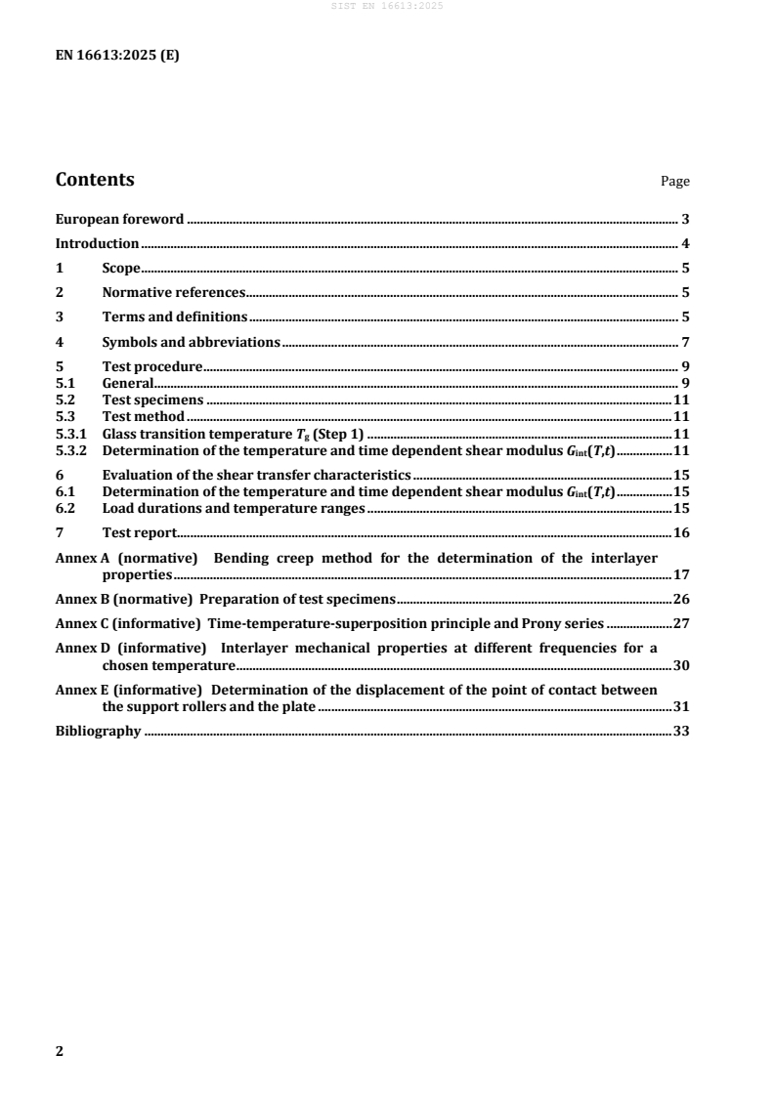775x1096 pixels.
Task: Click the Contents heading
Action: tap(95, 180)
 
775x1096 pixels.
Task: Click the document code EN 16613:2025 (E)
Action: tap(117, 56)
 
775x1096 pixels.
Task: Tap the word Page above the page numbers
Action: tap(675, 182)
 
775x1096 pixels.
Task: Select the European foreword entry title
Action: tap(119, 220)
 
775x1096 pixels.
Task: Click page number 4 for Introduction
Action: tap(686, 243)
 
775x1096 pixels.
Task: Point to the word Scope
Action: tap(121, 268)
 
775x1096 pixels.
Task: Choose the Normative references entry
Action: tap(172, 292)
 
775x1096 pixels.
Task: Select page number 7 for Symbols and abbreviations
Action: tap(686, 342)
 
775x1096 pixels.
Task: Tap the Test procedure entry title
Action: tap(151, 367)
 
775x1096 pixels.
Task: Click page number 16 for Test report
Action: tap(682, 533)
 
